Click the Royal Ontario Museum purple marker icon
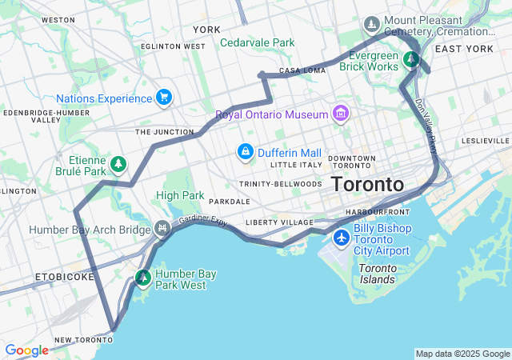(342, 114)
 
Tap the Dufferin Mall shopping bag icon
(245, 152)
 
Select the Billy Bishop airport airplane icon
(342, 238)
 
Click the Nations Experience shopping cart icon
(164, 98)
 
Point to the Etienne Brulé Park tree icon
(118, 164)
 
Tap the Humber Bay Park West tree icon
(143, 278)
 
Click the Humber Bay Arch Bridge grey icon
(163, 230)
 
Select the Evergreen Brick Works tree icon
(411, 59)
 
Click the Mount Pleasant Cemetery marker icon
(372, 25)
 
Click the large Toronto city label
(367, 184)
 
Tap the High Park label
(180, 195)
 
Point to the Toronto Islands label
(376, 274)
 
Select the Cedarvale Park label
(257, 42)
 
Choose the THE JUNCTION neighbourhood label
(164, 132)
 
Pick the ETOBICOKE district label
(65, 276)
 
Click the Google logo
(26, 350)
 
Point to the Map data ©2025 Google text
(462, 354)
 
